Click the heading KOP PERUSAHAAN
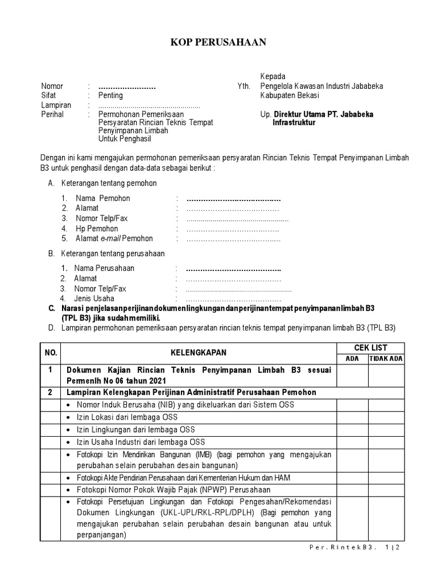coord(218,42)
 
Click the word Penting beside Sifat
coord(110,96)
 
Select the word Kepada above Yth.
coord(273,76)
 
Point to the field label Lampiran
coord(56,105)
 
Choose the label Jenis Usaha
coord(94,298)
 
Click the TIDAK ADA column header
coord(386,358)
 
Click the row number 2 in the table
coord(51,392)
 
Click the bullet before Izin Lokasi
coord(69,417)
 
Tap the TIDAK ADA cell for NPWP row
coord(386,490)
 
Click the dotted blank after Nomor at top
coord(127,87)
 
